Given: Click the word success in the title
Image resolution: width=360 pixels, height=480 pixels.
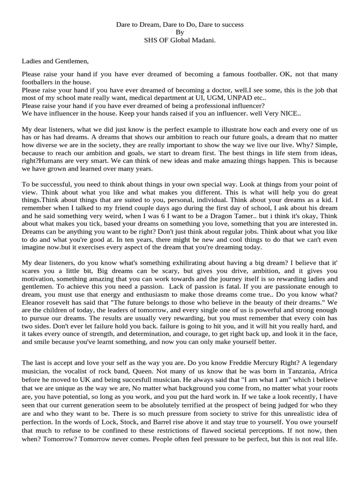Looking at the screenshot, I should point(232,24).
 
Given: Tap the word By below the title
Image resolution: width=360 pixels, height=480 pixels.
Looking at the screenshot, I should point(180,32).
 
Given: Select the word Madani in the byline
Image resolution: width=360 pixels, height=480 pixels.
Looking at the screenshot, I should point(205,40).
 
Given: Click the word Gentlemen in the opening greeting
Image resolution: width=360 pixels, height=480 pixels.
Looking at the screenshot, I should point(71,60).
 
